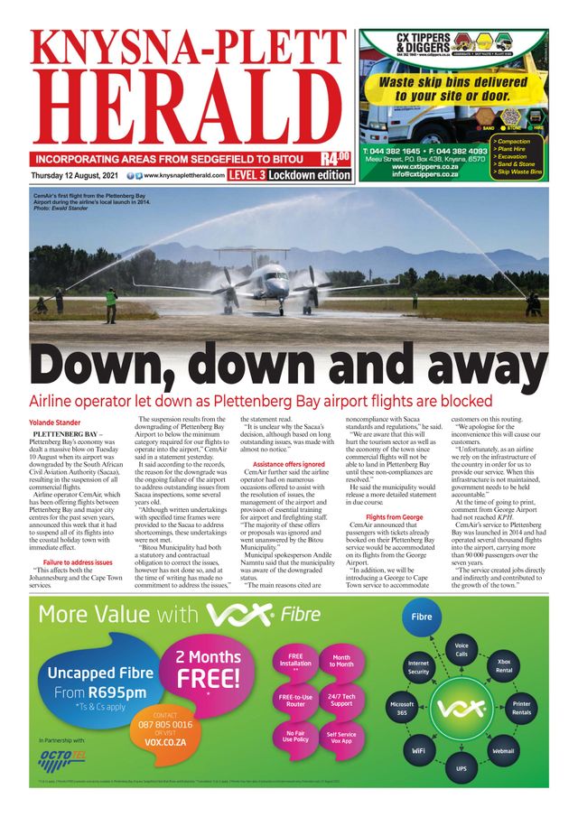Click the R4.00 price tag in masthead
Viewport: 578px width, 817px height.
point(335,158)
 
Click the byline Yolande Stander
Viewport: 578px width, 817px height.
point(55,422)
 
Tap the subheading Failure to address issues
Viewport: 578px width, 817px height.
point(78,562)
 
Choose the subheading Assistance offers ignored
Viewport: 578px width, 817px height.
point(289,464)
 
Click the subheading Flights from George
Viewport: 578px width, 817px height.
point(394,516)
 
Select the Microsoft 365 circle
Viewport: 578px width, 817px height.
point(402,709)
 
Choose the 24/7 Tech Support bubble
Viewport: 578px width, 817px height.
point(341,700)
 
